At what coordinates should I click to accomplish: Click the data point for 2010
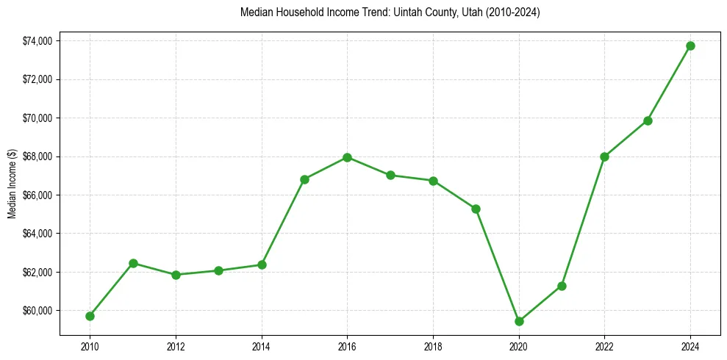tap(90, 316)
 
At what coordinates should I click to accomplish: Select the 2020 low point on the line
tap(519, 321)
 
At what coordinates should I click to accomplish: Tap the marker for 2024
tap(690, 46)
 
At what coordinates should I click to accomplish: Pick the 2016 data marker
tap(347, 157)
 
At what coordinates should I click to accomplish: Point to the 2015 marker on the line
tap(304, 179)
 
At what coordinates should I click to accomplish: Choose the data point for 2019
tap(476, 209)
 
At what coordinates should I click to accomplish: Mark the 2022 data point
tap(604, 156)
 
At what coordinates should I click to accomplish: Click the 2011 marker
tap(133, 263)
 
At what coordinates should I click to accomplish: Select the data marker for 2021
tap(562, 286)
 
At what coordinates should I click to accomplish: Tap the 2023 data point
tap(648, 120)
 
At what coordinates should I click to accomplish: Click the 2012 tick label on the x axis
tap(176, 345)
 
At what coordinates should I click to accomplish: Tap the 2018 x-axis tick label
tap(433, 345)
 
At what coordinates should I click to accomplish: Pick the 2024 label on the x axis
tap(690, 345)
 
